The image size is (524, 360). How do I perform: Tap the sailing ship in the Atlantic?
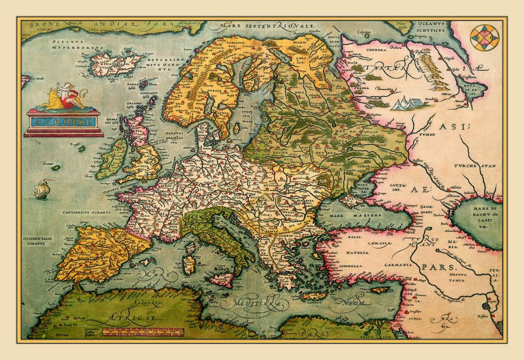pyautogui.click(x=42, y=189)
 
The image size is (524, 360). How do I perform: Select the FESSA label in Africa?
pyautogui.click(x=55, y=336)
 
